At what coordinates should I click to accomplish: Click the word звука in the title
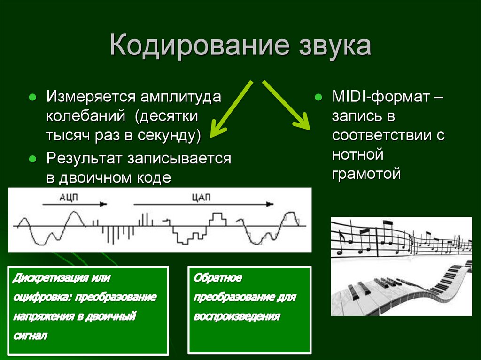334,47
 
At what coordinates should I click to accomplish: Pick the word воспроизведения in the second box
237,316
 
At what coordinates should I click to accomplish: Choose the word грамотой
366,174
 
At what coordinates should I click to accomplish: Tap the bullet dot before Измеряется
32,99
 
